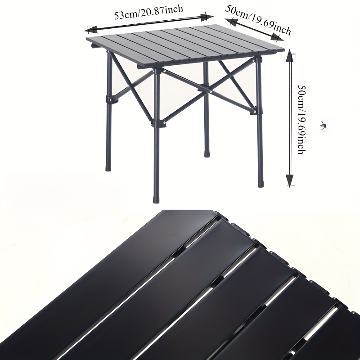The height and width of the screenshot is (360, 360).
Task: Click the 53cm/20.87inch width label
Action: pyautogui.click(x=148, y=12)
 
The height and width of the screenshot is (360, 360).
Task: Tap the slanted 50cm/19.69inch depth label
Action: pyautogui.click(x=258, y=20)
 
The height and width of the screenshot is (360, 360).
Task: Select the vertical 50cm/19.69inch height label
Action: pyautogui.click(x=302, y=119)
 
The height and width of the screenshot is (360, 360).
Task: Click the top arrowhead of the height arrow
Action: pyautogui.click(x=290, y=56)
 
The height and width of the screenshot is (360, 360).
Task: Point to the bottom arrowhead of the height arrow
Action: pyautogui.click(x=290, y=180)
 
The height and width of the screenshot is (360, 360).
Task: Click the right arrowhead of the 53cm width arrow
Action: pyautogui.click(x=207, y=17)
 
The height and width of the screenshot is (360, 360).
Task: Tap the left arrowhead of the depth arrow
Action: pyautogui.click(x=231, y=22)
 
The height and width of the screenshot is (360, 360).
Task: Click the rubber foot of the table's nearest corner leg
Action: pyautogui.click(x=156, y=199)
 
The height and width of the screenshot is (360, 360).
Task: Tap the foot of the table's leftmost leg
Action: pyautogui.click(x=108, y=167)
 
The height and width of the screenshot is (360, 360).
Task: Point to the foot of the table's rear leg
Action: pyautogui.click(x=207, y=153)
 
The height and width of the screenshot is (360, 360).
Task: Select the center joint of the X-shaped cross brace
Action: pyautogui.click(x=205, y=88)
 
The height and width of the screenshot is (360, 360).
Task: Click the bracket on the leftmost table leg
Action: pyautogui.click(x=112, y=99)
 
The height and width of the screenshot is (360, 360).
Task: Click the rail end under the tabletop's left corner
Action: pyautogui.click(x=93, y=46)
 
